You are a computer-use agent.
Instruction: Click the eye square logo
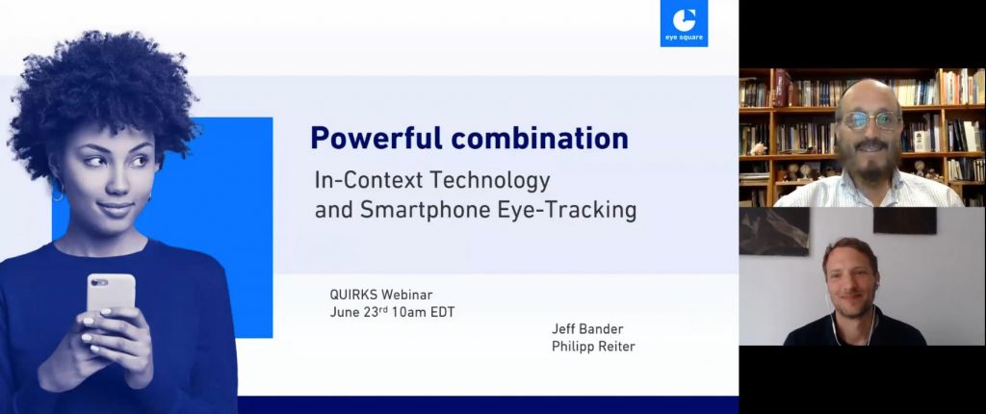(x=684, y=23)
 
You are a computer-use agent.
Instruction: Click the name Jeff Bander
(x=587, y=329)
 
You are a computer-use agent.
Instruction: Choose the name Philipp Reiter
(x=593, y=347)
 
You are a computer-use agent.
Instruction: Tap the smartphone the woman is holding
(x=111, y=295)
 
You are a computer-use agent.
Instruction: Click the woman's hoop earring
(x=58, y=192)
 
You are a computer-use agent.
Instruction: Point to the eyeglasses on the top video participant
(x=870, y=120)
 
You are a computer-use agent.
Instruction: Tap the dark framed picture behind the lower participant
(x=773, y=231)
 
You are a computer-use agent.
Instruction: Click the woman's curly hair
(x=100, y=94)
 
